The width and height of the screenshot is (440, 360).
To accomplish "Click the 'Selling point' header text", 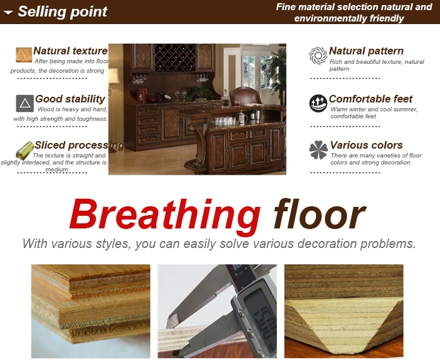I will tap(62, 11).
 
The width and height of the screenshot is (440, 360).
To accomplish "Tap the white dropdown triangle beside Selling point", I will tap(8, 12).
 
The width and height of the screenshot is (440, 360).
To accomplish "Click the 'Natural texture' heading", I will tap(70, 51).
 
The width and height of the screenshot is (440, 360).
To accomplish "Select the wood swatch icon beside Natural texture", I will tap(24, 54).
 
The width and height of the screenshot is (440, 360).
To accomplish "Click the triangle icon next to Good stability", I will tap(25, 103).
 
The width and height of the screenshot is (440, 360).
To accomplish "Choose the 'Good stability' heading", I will tap(70, 99).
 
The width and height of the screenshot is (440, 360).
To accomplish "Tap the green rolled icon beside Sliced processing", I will tap(25, 150).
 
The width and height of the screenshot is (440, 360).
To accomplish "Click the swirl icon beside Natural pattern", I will tap(318, 55).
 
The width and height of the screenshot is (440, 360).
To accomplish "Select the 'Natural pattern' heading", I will tap(366, 51).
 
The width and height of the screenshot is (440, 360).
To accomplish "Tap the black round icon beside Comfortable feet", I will tap(318, 103).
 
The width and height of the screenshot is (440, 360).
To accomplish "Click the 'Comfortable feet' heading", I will tap(370, 99).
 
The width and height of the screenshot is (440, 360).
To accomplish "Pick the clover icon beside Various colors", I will tap(318, 150).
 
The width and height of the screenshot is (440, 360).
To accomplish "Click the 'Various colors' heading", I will tap(366, 145).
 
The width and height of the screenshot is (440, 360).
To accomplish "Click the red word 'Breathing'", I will tap(164, 215).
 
